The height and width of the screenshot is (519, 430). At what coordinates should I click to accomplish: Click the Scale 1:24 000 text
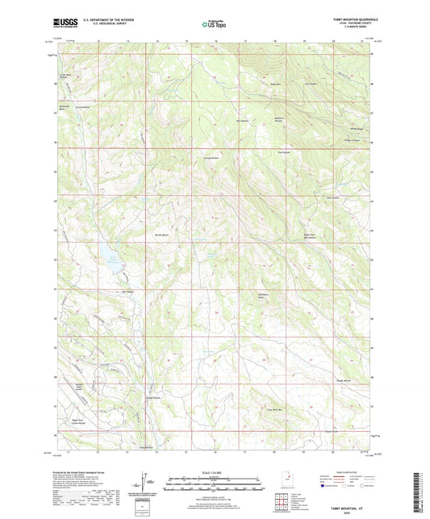(215, 471)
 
